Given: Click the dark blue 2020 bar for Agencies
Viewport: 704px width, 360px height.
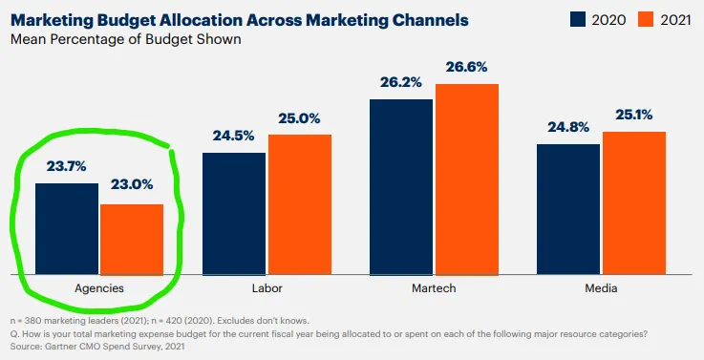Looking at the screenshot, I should [67, 226].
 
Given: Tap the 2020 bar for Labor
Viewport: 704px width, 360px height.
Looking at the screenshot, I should [234, 211].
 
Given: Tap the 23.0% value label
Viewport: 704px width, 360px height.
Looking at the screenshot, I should [132, 185].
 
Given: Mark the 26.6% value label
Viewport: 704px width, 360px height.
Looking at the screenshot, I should [467, 67].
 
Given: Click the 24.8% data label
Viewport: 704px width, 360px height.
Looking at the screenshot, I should [568, 126].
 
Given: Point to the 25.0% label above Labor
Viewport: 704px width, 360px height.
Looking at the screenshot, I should [299, 117].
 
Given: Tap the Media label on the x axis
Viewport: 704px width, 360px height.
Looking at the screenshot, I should [601, 287].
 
